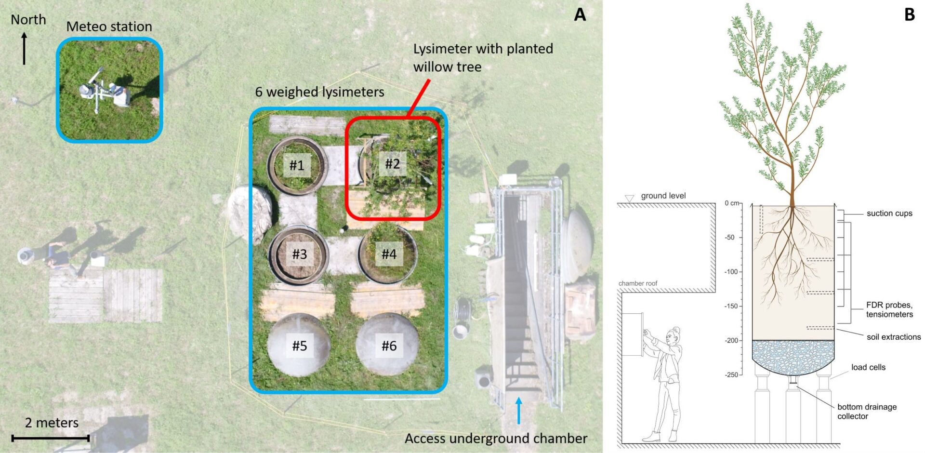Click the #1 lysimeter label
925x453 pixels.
297,165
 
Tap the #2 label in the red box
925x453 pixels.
392,164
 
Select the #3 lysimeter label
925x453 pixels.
299,254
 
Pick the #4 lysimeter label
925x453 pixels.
389,253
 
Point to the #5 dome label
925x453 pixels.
299,346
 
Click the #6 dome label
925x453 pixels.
389,346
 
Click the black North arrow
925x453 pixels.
24,48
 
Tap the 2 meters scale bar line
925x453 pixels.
51,438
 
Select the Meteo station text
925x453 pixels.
109,27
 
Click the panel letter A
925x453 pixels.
580,14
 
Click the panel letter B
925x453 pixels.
909,14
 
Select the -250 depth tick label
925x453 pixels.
731,374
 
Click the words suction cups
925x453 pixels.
889,213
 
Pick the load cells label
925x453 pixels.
868,367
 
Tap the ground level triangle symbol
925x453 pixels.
629,199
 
